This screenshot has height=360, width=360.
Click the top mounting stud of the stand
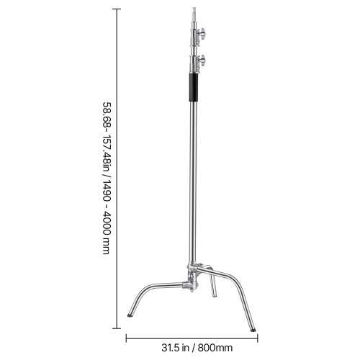point(192,13)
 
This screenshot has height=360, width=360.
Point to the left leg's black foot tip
point(130,313)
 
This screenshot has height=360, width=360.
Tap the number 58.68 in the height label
point(106,116)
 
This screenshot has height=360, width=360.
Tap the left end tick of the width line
point(127,336)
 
